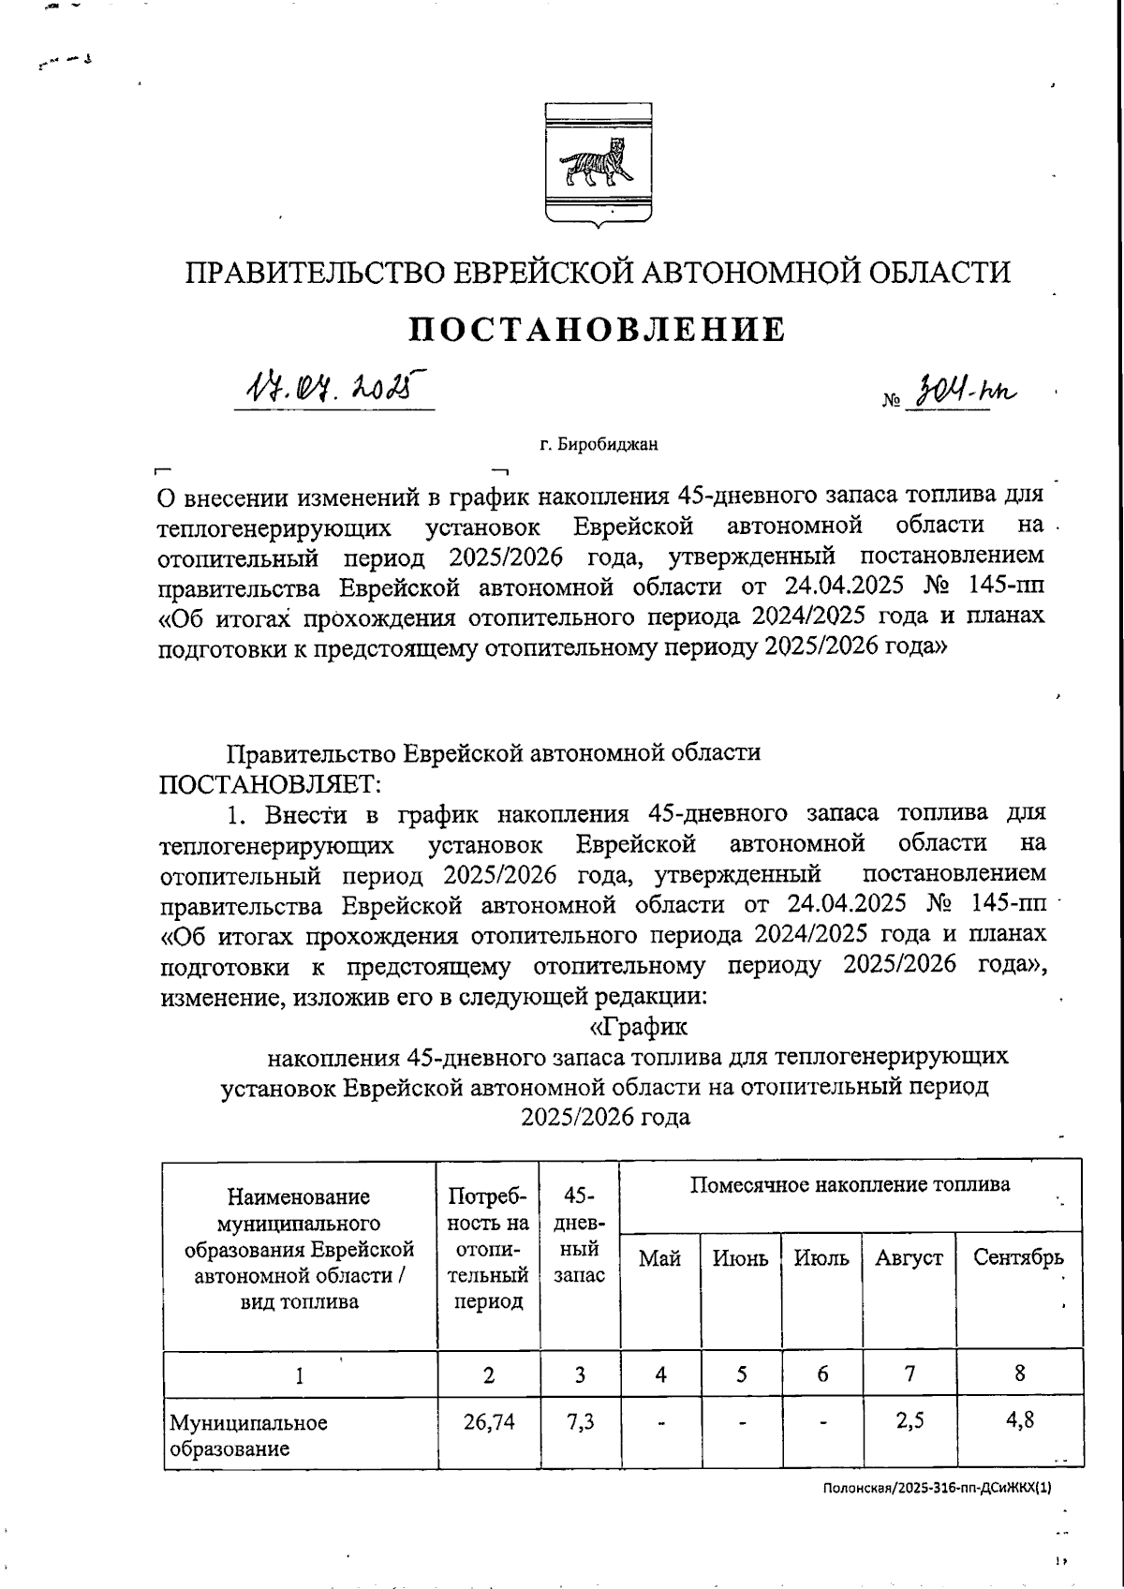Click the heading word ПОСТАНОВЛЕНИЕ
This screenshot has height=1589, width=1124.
click(x=599, y=330)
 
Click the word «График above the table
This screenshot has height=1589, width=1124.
click(x=638, y=1027)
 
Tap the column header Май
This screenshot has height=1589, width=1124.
click(x=659, y=1258)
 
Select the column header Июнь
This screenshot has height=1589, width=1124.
click(x=740, y=1258)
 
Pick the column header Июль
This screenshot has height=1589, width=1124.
click(x=821, y=1258)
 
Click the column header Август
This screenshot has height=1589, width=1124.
click(x=909, y=1258)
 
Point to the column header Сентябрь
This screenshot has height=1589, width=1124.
click(x=1018, y=1257)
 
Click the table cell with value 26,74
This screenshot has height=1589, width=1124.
click(x=488, y=1421)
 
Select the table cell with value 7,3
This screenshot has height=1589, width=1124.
click(x=580, y=1421)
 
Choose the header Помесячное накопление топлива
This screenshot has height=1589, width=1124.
click(x=850, y=1184)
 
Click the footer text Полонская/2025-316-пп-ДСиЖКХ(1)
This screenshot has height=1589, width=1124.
click(x=938, y=1487)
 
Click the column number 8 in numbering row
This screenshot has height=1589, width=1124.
click(x=1019, y=1374)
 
